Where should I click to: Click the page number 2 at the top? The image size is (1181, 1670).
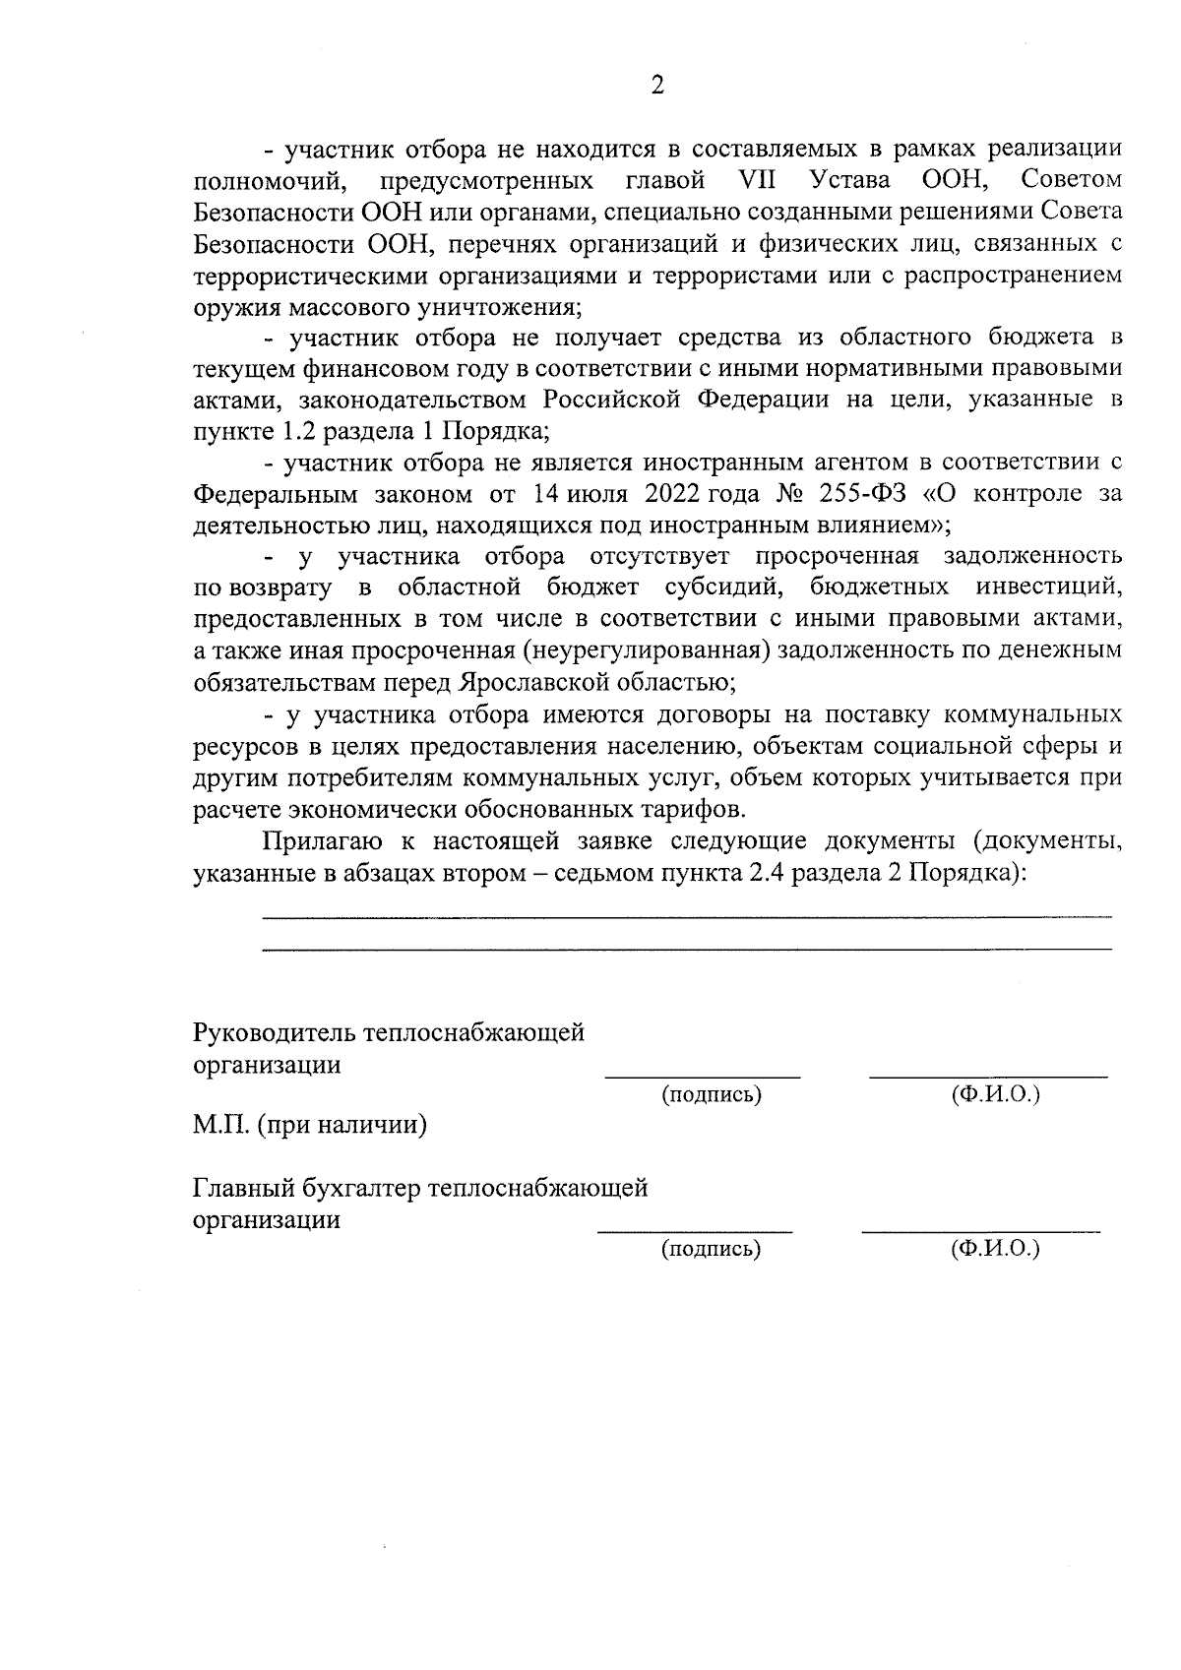(657, 86)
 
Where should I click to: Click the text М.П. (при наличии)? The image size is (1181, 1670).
(309, 1125)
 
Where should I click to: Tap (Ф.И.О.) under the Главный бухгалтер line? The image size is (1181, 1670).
(995, 1250)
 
